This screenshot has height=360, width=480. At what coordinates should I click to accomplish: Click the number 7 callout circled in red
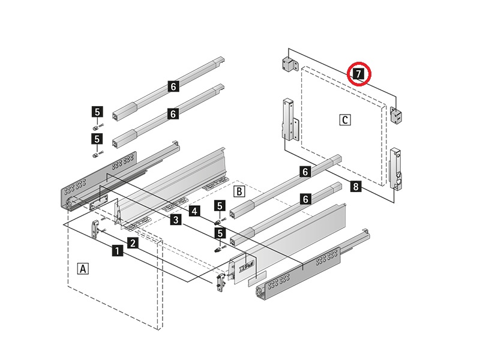[x=358, y=74]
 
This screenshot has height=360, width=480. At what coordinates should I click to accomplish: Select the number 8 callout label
[x=356, y=187]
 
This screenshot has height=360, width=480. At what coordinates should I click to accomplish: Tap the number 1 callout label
[x=118, y=251]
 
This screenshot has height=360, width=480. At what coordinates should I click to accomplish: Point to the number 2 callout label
[x=133, y=243]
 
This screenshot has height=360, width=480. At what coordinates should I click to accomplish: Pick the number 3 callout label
[x=175, y=220]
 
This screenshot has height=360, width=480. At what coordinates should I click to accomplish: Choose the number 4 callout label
[x=194, y=211]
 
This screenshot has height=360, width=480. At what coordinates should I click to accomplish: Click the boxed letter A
[x=83, y=268]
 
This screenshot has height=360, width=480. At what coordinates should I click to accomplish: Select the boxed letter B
[x=238, y=191]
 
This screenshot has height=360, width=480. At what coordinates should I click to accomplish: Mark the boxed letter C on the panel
[x=344, y=119]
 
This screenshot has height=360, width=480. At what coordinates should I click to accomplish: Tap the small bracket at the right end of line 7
[x=397, y=115]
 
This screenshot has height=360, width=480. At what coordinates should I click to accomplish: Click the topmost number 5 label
[x=97, y=111]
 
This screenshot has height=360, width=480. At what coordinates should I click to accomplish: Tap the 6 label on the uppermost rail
[x=173, y=87]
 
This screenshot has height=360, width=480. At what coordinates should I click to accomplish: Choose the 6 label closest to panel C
[x=305, y=172]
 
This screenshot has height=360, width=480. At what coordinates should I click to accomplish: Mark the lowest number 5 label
[x=220, y=233]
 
